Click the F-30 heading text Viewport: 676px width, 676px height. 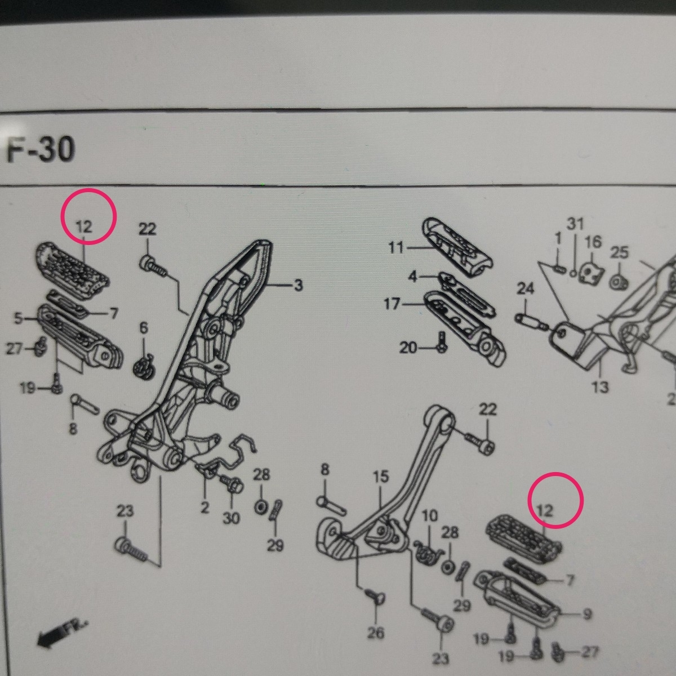(x=41, y=151)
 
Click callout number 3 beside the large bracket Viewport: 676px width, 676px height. (x=297, y=286)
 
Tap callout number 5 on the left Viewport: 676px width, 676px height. (x=19, y=320)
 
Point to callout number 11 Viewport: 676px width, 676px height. (x=397, y=247)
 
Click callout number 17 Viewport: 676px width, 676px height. (x=393, y=304)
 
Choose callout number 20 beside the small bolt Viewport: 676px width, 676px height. (x=408, y=348)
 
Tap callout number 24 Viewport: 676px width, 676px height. (x=525, y=289)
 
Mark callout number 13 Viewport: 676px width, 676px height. (x=601, y=387)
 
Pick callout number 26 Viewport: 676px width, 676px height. (x=376, y=633)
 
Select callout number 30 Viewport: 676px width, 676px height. (x=231, y=518)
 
